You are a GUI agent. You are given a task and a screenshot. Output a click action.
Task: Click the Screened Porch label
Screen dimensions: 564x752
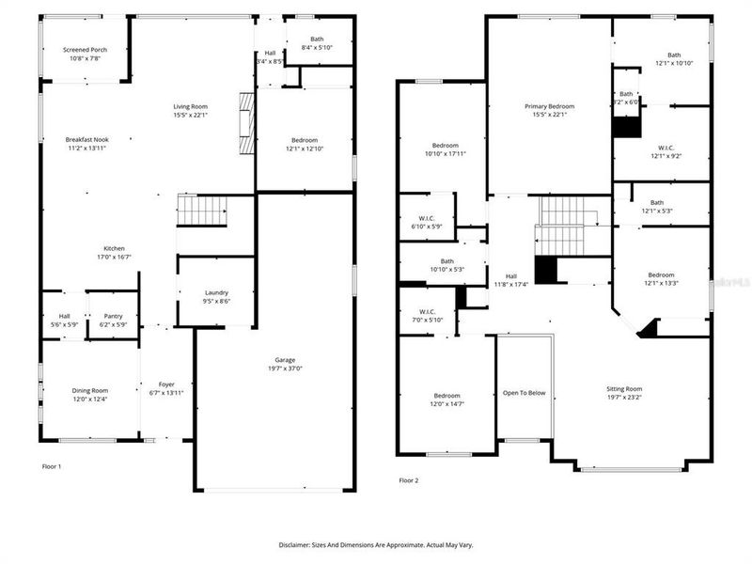click(x=86, y=50)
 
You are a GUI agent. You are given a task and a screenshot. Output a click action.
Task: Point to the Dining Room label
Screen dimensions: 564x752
click(x=90, y=390)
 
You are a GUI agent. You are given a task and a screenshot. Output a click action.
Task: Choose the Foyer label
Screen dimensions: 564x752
click(x=165, y=384)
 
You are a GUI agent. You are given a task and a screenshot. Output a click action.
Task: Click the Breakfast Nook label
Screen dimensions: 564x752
click(x=87, y=139)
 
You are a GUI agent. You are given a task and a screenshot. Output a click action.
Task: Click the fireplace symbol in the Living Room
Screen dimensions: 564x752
click(x=245, y=122)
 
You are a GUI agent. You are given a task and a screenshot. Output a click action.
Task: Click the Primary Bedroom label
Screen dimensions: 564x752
click(x=549, y=106)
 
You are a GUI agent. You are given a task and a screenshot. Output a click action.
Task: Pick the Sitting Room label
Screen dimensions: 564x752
click(x=623, y=388)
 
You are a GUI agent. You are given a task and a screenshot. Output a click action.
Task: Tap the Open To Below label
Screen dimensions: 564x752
click(x=524, y=393)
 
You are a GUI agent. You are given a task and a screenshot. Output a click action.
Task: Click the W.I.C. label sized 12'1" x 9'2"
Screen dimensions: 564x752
click(x=666, y=148)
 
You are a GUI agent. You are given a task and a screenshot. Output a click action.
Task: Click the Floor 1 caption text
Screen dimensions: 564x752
click(x=52, y=466)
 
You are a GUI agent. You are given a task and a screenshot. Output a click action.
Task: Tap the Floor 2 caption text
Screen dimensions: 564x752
click(x=408, y=480)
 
